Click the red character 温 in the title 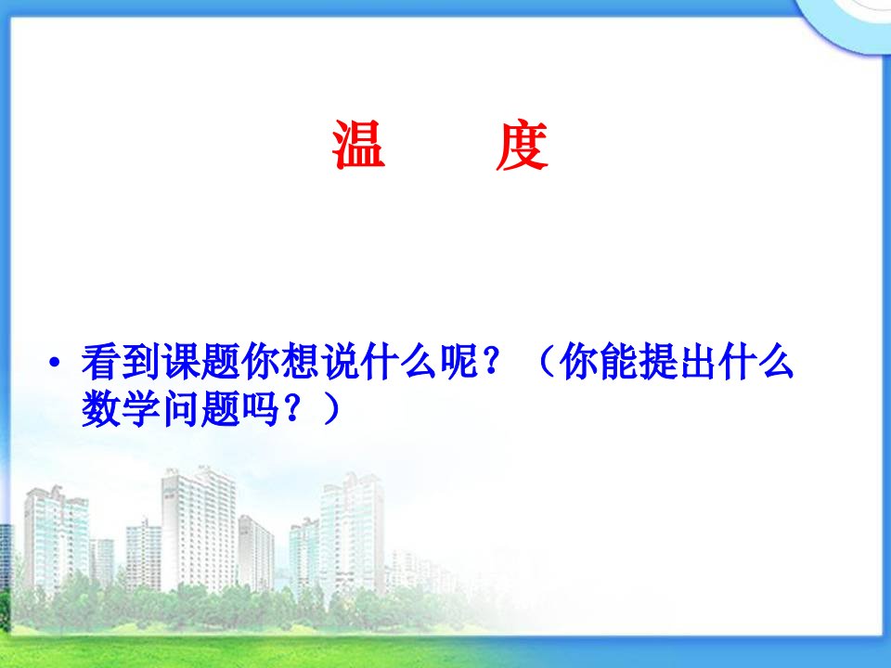pyautogui.click(x=359, y=145)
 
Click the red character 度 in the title pyautogui.click(x=521, y=145)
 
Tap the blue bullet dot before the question pyautogui.click(x=55, y=362)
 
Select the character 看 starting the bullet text pyautogui.click(x=101, y=361)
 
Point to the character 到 pyautogui.click(x=141, y=361)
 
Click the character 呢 pyautogui.click(x=459, y=361)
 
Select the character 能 pyautogui.click(x=618, y=361)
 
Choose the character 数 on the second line pyautogui.click(x=101, y=409)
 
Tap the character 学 pyautogui.click(x=141, y=409)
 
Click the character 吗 pyautogui.click(x=260, y=409)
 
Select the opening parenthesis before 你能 pyautogui.click(x=546, y=361)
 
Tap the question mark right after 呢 pyautogui.click(x=491, y=361)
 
